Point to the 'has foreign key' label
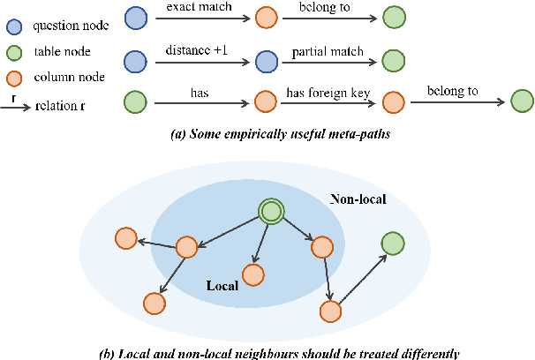click(x=327, y=93)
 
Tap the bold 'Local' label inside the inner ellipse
click(x=222, y=287)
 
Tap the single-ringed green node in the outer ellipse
click(x=393, y=243)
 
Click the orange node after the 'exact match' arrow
click(x=265, y=18)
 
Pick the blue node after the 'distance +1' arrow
click(x=265, y=60)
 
